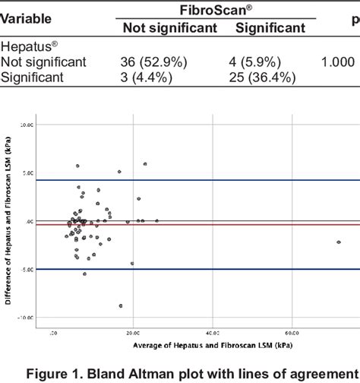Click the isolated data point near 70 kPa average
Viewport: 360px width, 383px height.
(339, 242)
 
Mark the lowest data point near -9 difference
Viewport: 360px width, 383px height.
(121, 305)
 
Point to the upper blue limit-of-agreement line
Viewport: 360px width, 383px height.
(228, 180)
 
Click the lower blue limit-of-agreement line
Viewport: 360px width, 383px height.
(228, 269)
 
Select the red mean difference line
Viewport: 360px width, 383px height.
(228, 225)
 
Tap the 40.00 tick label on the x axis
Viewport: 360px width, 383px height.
(212, 332)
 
